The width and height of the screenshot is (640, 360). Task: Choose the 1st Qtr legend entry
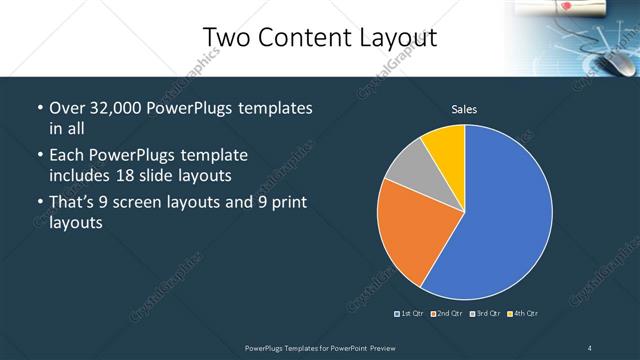pyautogui.click(x=411, y=314)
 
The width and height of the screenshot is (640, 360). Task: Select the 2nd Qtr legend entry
pyautogui.click(x=447, y=314)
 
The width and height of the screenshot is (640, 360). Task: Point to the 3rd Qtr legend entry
pyautogui.click(x=484, y=314)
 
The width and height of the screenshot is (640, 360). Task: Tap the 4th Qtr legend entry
pyautogui.click(x=523, y=314)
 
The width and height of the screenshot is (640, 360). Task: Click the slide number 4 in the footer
pyautogui.click(x=590, y=347)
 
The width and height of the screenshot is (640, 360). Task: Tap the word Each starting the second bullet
pyautogui.click(x=66, y=156)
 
